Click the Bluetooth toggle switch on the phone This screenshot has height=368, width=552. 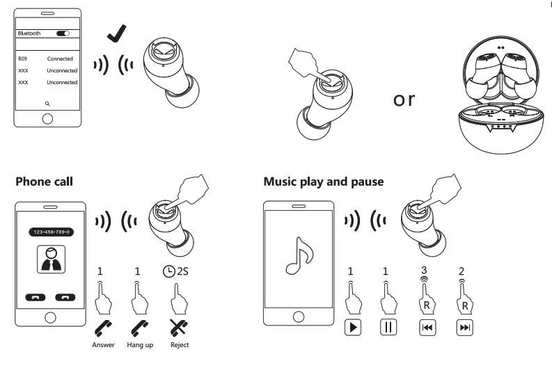click(63, 33)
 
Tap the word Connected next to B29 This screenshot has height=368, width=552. click(60, 59)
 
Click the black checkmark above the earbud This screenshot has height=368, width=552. click(116, 32)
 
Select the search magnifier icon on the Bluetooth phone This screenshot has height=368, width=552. click(47, 102)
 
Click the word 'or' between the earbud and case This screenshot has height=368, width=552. click(404, 99)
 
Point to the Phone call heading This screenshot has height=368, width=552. click(44, 182)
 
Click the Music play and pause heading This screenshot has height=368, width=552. click(323, 182)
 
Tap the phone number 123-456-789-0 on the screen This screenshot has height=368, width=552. click(50, 231)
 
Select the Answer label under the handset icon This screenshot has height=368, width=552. click(102, 345)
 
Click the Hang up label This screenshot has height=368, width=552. click(140, 345)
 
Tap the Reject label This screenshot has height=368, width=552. click(179, 345)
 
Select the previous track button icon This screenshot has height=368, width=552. click(427, 327)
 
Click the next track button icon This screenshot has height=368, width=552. click(464, 327)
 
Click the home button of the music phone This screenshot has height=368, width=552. click(298, 317)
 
